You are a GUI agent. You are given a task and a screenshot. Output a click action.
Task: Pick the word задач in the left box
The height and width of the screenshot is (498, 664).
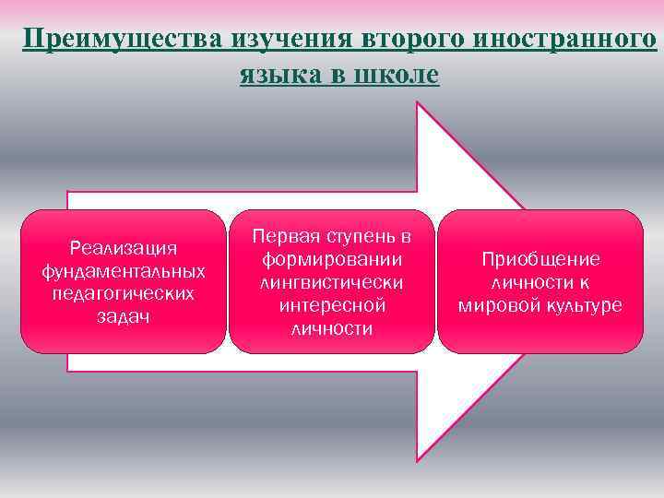click(124, 316)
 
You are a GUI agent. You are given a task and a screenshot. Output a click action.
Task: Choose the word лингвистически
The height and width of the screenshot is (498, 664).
click(331, 282)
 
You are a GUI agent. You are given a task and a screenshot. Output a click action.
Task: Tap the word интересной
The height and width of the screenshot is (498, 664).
click(331, 305)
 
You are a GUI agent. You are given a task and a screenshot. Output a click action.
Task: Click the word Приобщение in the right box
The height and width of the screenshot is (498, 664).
click(540, 259)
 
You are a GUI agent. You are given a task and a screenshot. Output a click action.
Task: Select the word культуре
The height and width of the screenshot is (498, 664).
click(581, 305)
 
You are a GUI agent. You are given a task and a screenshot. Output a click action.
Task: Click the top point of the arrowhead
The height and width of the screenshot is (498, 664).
click(419, 102)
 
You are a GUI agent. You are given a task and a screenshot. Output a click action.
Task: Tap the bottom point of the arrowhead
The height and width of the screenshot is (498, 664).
click(419, 460)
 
